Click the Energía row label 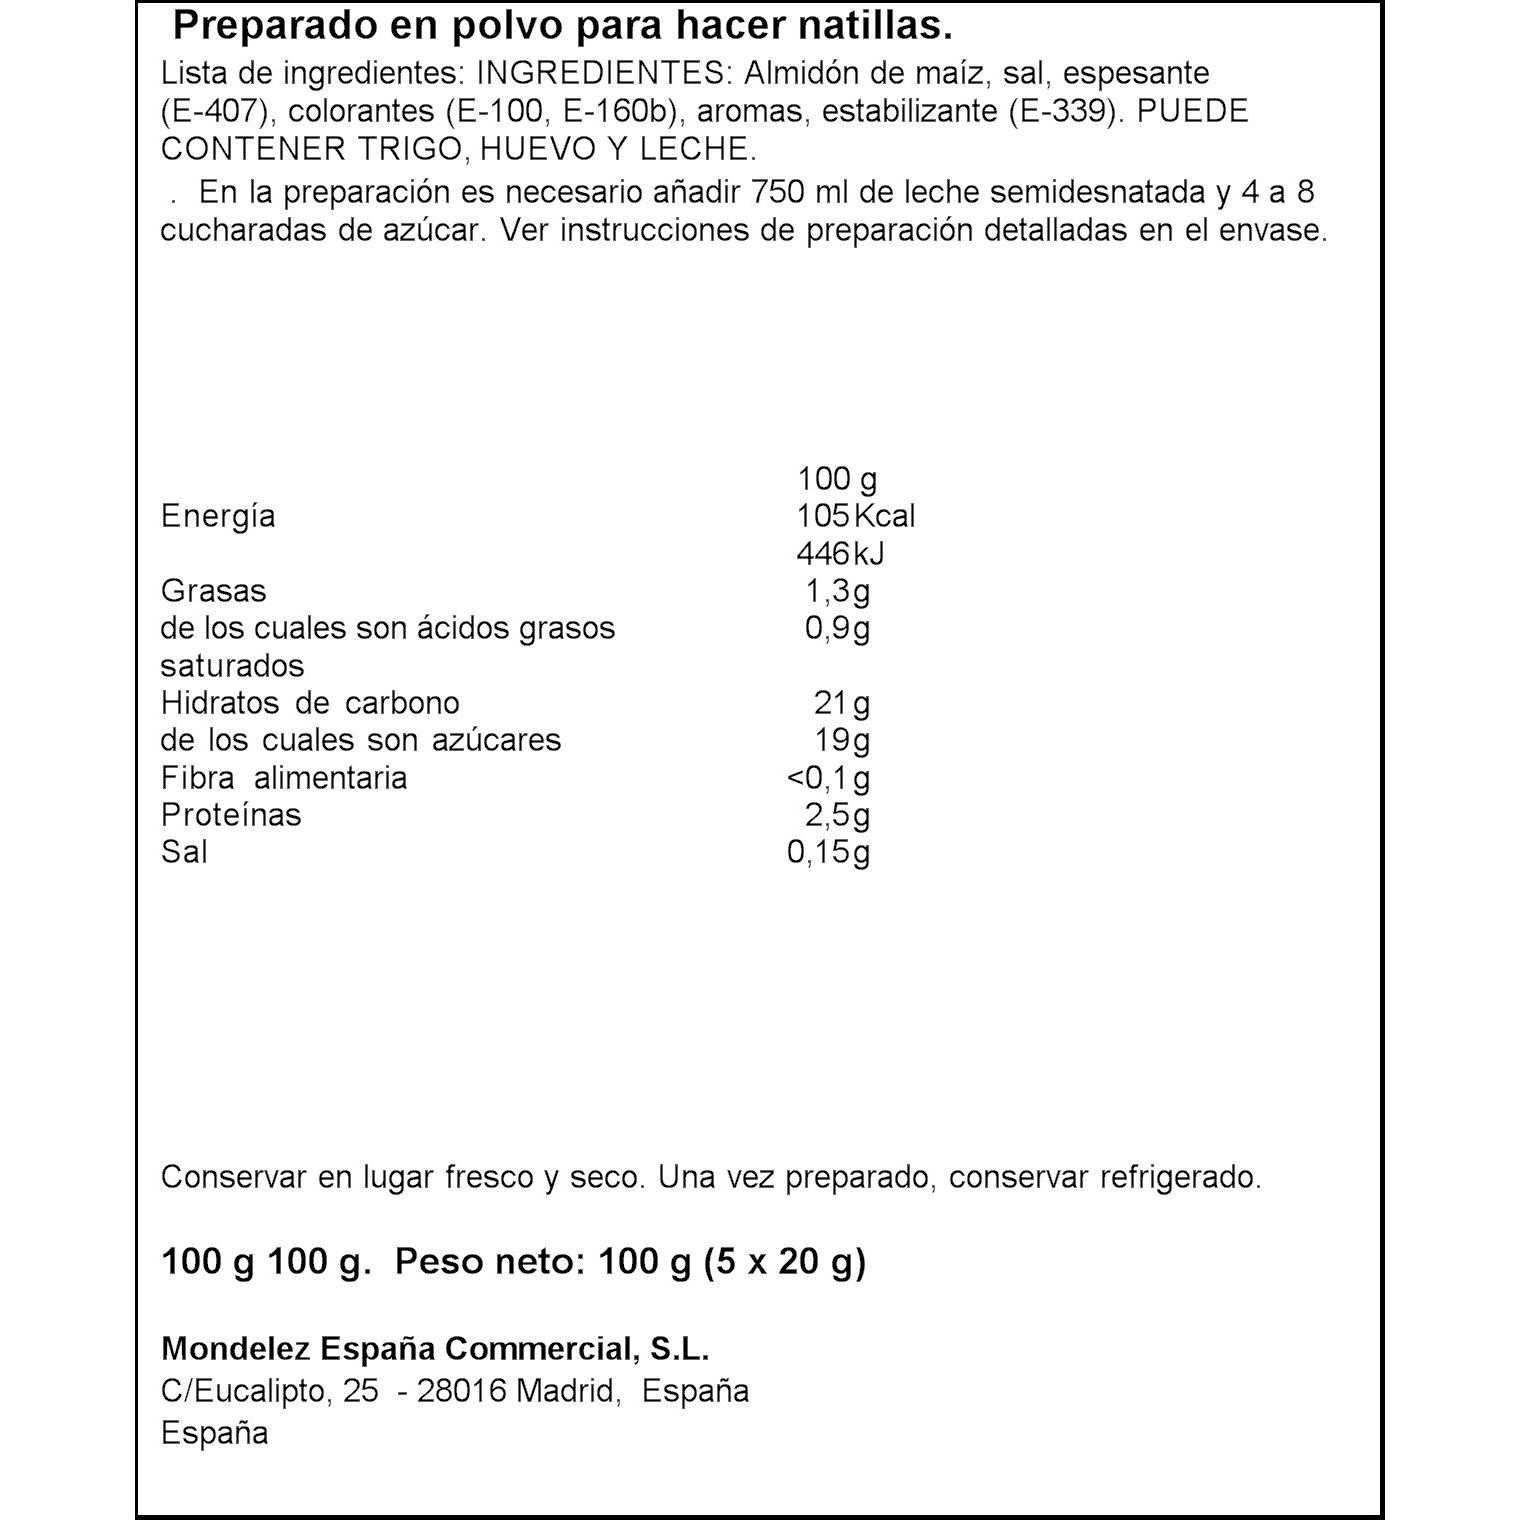(x=218, y=517)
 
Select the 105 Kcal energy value (x=855, y=517)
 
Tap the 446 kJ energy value (x=840, y=554)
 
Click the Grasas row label (x=214, y=591)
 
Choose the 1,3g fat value (x=838, y=591)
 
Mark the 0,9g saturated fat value (x=838, y=629)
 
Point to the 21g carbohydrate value (x=842, y=704)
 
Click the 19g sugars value (x=842, y=741)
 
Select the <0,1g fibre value (x=829, y=778)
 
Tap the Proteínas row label (x=231, y=815)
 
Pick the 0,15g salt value (x=829, y=853)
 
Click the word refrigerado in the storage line (x=1180, y=1178)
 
